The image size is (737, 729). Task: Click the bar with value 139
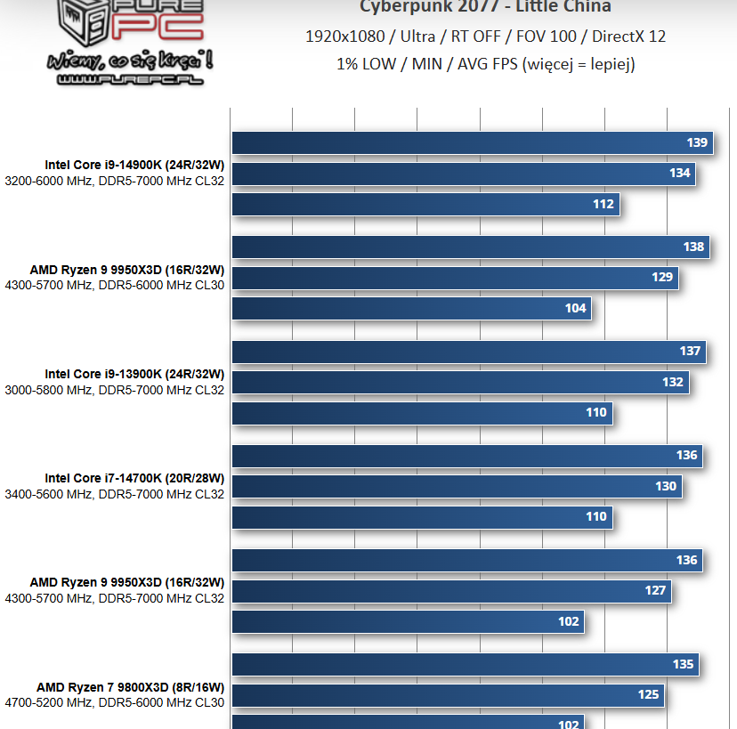click(x=472, y=142)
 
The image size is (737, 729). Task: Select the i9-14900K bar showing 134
click(x=463, y=174)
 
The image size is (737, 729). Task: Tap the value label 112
click(x=603, y=204)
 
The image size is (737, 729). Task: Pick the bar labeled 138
click(x=470, y=247)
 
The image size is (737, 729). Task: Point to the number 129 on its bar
click(x=662, y=278)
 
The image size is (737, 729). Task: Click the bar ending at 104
click(x=411, y=308)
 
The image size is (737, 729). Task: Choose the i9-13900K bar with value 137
click(x=469, y=351)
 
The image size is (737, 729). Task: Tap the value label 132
click(x=673, y=382)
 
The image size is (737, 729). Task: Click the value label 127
click(x=655, y=590)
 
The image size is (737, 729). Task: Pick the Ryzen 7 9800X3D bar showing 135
click(x=465, y=664)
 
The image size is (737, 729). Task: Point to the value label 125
click(x=648, y=694)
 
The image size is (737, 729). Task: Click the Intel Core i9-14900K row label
click(x=134, y=165)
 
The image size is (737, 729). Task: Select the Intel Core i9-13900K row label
click(x=134, y=374)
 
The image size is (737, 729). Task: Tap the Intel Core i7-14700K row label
click(x=134, y=478)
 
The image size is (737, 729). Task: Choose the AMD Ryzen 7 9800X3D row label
click(x=130, y=687)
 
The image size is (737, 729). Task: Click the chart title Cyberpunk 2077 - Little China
click(x=485, y=7)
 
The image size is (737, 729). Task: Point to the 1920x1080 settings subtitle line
click(x=485, y=36)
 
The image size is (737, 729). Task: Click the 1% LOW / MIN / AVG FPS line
click(x=485, y=64)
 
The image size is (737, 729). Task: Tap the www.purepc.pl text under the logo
click(x=130, y=79)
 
